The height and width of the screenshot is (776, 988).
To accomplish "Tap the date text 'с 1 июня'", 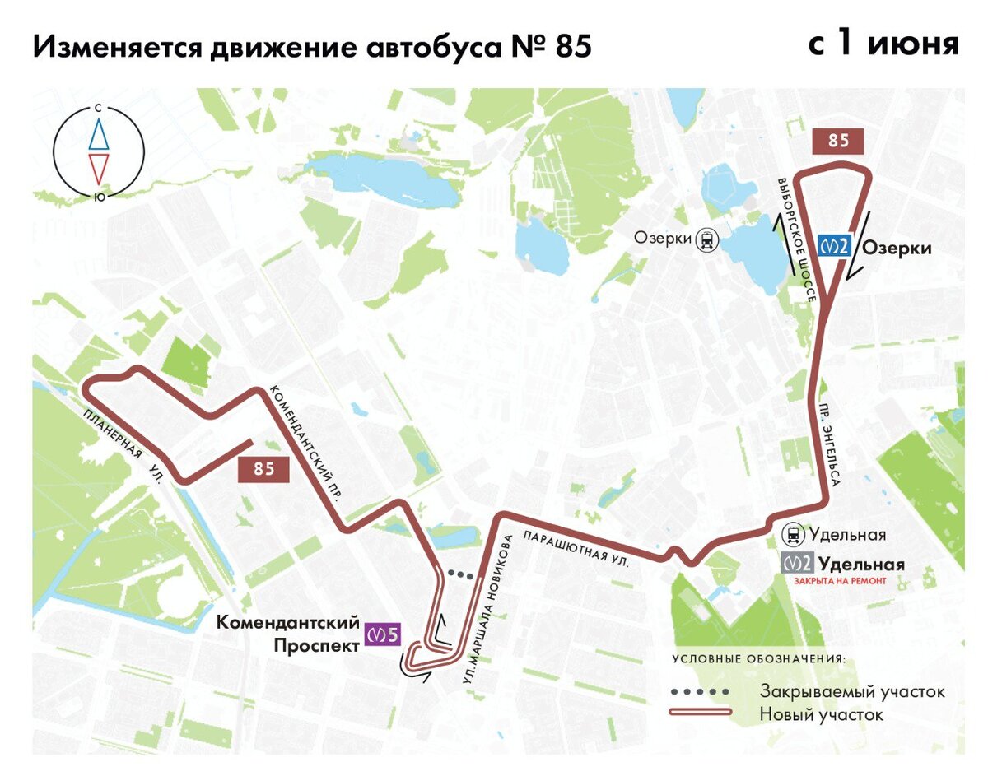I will tap(883, 43).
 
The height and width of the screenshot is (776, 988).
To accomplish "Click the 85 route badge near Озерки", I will tap(838, 141).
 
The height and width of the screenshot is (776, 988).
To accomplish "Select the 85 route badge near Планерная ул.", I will tap(263, 470).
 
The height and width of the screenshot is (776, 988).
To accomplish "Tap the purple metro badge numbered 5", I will tap(384, 635).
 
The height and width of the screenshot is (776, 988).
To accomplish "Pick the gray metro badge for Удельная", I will tap(797, 565).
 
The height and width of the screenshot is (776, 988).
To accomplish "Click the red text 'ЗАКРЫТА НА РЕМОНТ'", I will tap(840, 581).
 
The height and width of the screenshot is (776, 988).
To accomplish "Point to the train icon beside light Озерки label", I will tap(706, 239).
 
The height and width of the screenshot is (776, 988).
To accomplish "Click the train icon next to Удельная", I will tap(794, 535).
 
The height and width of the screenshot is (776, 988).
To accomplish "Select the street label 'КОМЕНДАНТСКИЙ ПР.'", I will tap(305, 442).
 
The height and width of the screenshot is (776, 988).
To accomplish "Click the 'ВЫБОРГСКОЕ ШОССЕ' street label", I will tap(796, 241).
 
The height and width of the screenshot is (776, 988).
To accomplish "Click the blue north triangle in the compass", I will tap(99, 133).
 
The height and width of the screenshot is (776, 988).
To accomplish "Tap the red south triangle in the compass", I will tap(99, 169).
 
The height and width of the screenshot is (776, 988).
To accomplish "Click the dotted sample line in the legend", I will tap(700, 691).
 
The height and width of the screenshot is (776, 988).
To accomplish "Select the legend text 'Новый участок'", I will tap(821, 714).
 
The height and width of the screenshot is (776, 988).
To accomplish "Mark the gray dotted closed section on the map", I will tap(462, 575).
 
